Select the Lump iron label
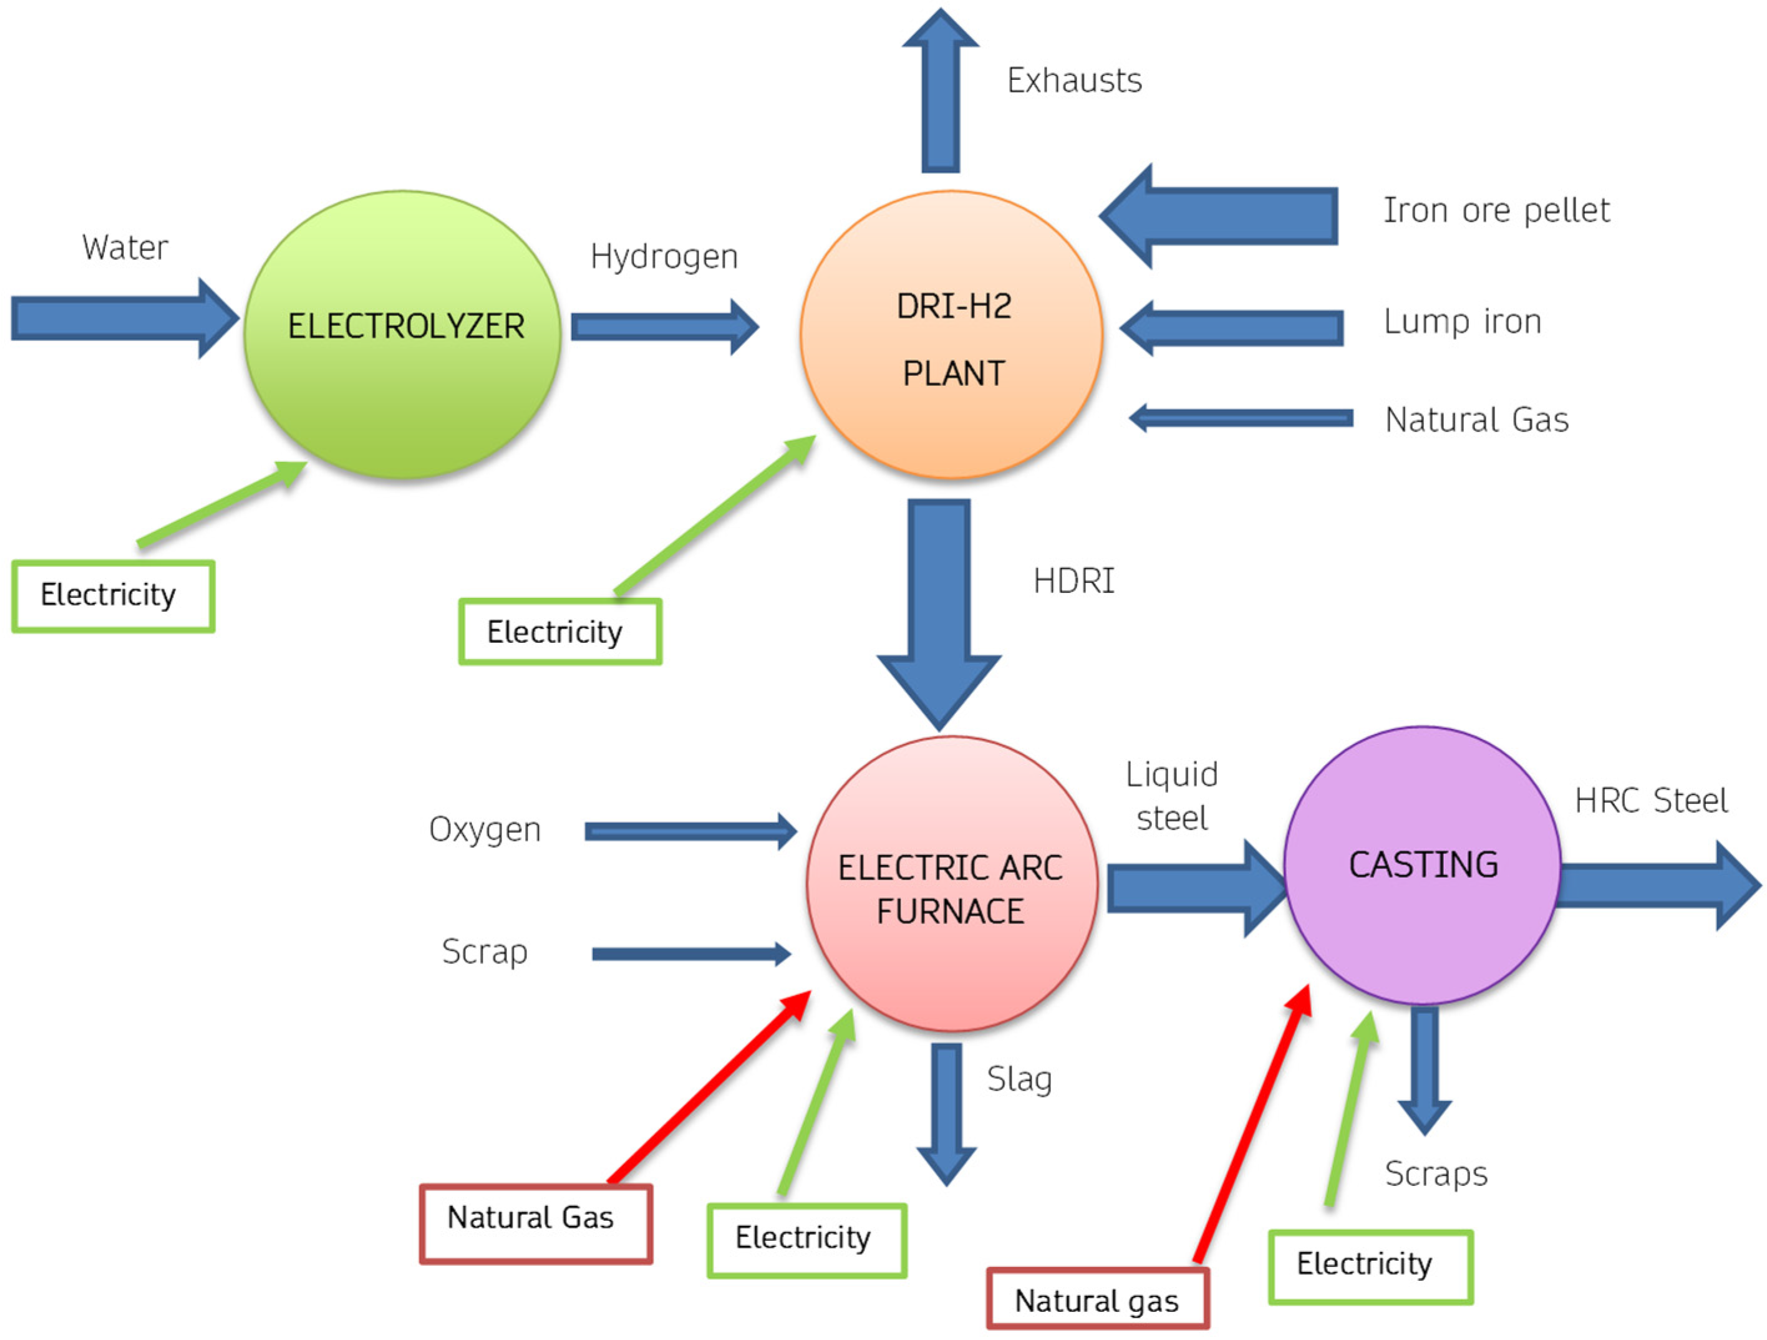(x=1462, y=322)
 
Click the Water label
(x=125, y=248)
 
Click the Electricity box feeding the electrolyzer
(x=114, y=595)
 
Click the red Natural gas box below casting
(x=1098, y=1301)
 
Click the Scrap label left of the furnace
(x=484, y=952)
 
